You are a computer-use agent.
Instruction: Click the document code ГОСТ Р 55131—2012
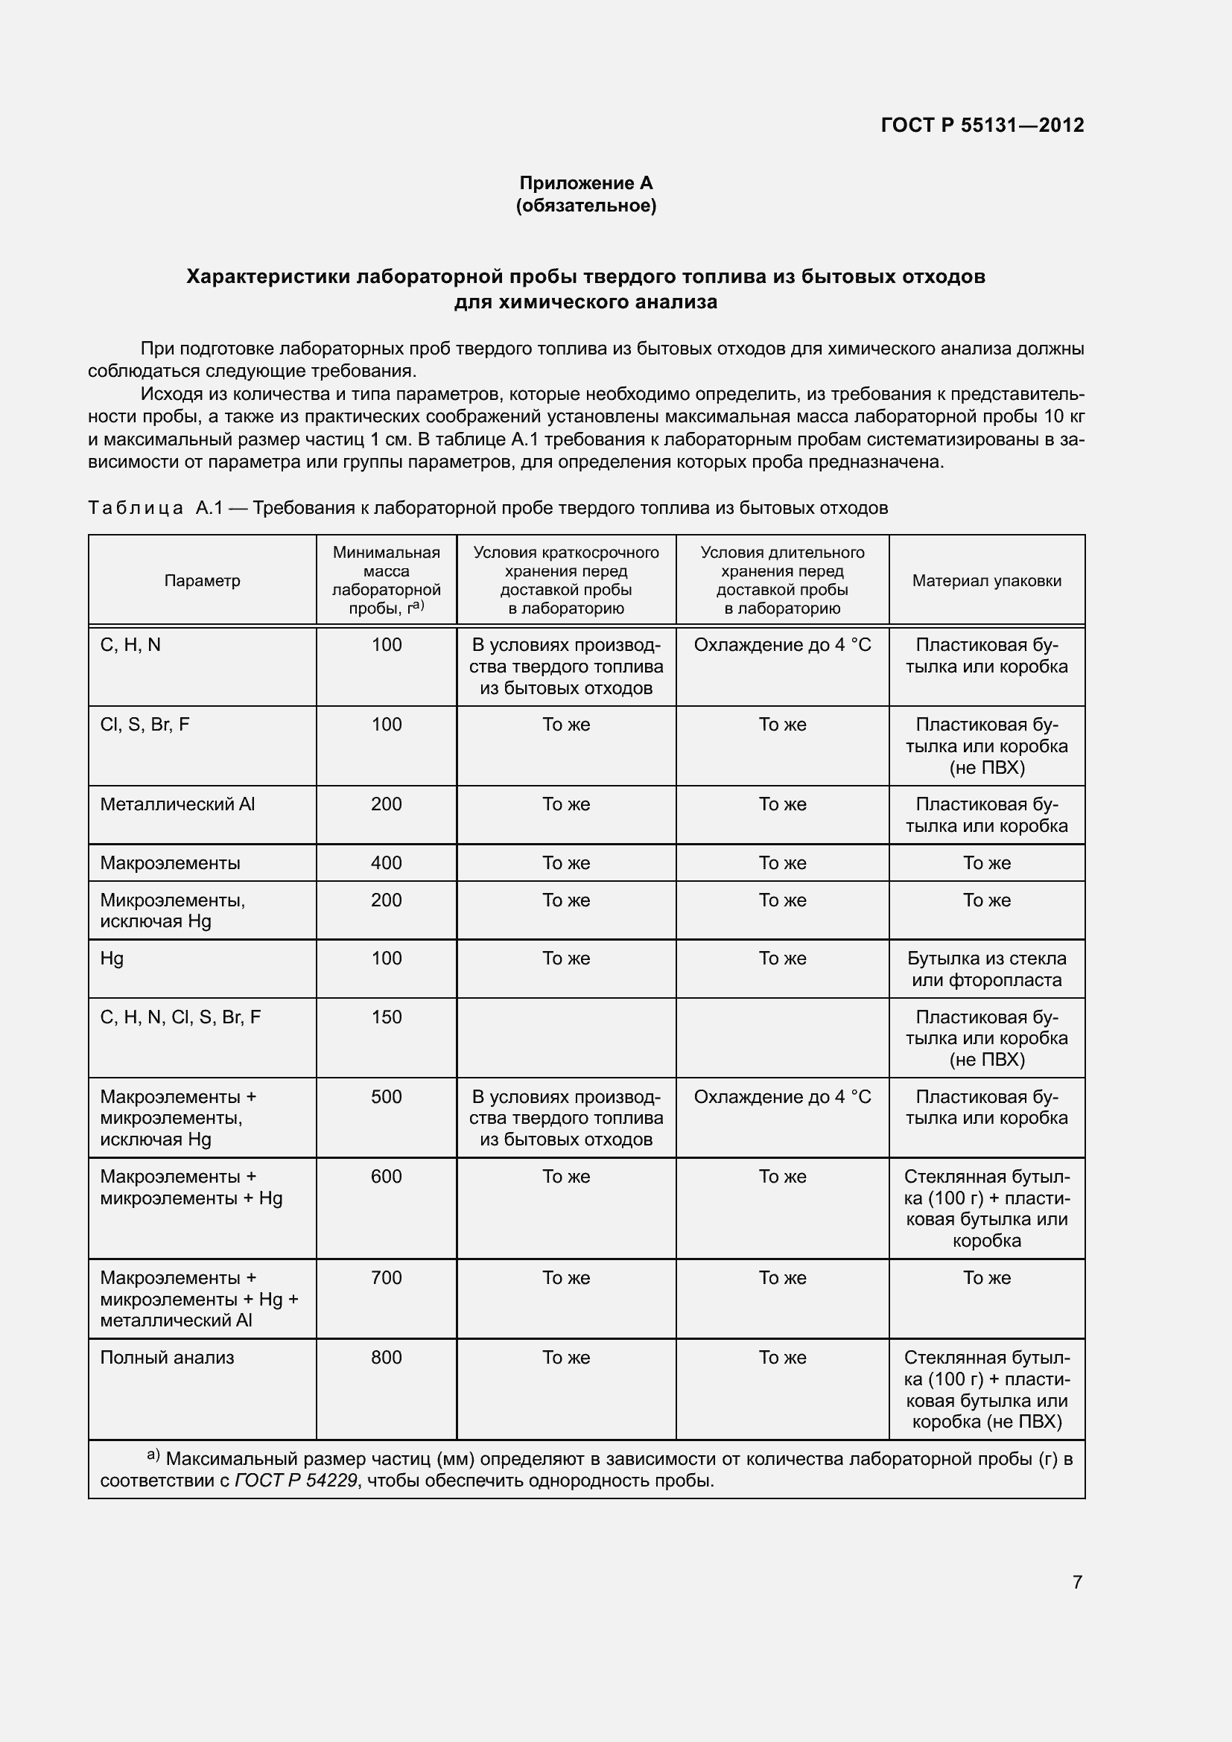[x=982, y=125]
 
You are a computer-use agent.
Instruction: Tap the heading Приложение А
[x=585, y=183]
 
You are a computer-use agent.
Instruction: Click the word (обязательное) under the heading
[x=585, y=206]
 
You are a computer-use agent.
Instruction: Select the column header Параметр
[x=202, y=580]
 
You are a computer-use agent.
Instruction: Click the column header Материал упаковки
[x=986, y=580]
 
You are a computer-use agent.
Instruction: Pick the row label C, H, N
[x=130, y=645]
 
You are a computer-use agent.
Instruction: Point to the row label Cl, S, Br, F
[x=145, y=725]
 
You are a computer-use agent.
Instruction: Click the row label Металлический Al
[x=177, y=804]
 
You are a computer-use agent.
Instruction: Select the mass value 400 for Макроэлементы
[x=386, y=862]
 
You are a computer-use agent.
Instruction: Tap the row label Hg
[x=112, y=959]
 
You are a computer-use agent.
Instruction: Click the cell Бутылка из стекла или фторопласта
[x=986, y=969]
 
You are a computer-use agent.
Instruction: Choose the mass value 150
[x=386, y=1017]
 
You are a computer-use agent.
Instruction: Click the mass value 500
[x=386, y=1096]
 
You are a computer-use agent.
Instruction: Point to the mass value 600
[x=386, y=1176]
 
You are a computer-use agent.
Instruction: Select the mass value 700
[x=386, y=1278]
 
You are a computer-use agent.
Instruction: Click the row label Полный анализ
[x=167, y=1358]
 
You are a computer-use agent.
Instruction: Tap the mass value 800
[x=386, y=1358]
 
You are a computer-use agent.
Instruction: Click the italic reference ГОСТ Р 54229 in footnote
[x=296, y=1481]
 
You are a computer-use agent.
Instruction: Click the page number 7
[x=1077, y=1582]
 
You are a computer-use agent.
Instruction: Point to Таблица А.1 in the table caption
[x=156, y=508]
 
